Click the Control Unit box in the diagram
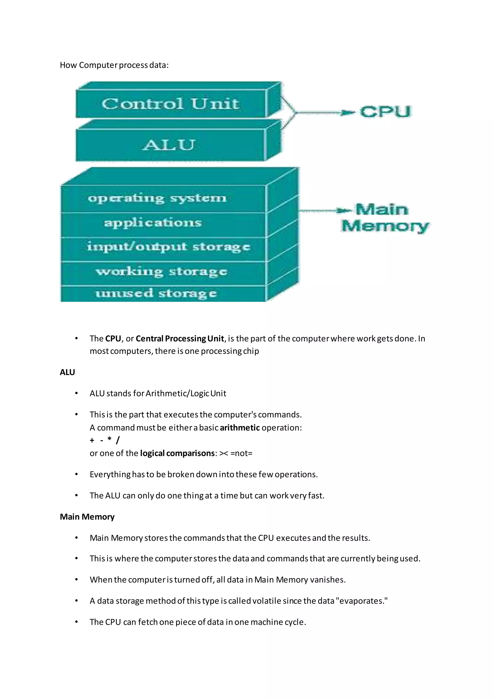point(170,104)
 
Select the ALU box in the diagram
point(169,145)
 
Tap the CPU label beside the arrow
point(385,112)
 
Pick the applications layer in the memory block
point(153,223)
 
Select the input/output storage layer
point(168,247)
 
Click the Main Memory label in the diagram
point(384,218)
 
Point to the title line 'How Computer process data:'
point(114,65)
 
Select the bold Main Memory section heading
point(87,517)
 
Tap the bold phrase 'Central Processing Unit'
point(180,339)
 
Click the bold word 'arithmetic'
point(240,428)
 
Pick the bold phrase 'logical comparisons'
point(177,453)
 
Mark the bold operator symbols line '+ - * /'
point(105,440)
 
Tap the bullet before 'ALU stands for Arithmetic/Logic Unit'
point(76,394)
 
